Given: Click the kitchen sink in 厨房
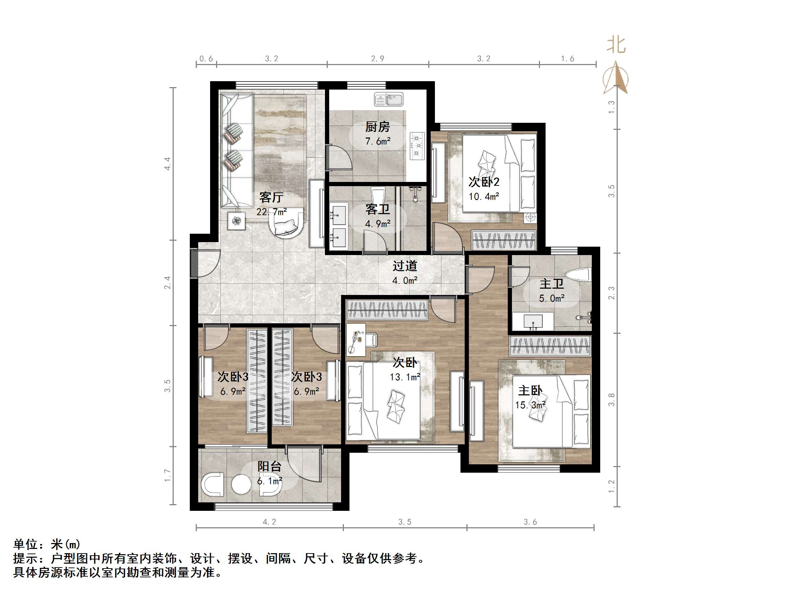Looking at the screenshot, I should (389, 99).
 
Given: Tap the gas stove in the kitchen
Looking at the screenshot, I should (417, 145).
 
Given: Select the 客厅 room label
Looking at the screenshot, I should (271, 197).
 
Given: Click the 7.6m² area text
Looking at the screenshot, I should (377, 141).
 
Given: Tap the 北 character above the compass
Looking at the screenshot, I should (616, 45).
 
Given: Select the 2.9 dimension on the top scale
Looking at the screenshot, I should (377, 58).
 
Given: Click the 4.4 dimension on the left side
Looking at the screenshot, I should (167, 163).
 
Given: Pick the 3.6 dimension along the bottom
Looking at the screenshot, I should (530, 522).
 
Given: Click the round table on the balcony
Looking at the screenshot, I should (241, 485).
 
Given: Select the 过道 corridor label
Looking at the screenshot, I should (405, 266).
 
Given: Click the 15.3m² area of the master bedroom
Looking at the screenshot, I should (530, 405).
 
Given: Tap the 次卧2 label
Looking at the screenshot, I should (484, 182).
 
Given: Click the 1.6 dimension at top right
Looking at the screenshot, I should (567, 58).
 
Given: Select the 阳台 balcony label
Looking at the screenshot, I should (269, 466).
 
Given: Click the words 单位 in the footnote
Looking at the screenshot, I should (26, 544).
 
